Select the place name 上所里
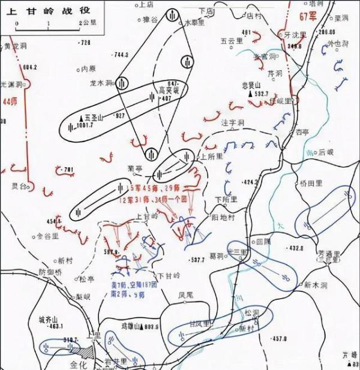[x=211, y=156]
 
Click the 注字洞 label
[x=233, y=123]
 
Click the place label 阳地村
[x=223, y=218]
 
